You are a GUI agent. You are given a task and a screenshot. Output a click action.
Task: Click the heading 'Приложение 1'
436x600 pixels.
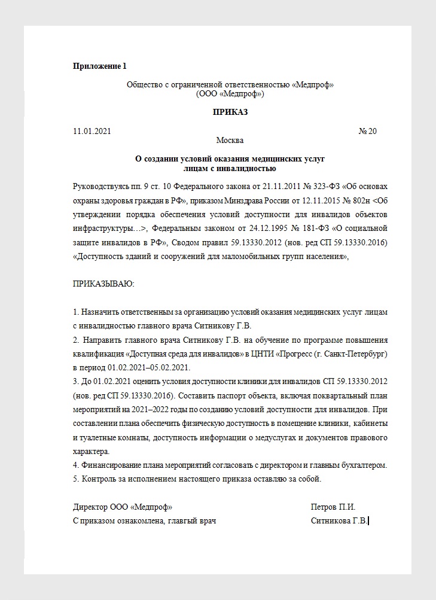(100, 66)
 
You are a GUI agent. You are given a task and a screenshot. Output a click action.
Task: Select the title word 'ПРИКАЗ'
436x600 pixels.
(230, 112)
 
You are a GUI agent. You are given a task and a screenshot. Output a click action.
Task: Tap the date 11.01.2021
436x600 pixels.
(92, 131)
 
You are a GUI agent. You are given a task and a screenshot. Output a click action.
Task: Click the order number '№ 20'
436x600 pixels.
(367, 131)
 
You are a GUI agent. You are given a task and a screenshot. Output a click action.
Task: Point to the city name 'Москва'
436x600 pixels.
(230, 141)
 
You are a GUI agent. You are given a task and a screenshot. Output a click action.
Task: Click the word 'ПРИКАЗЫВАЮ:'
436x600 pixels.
(103, 283)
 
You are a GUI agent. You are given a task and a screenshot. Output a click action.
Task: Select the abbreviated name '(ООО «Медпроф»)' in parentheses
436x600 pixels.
(230, 94)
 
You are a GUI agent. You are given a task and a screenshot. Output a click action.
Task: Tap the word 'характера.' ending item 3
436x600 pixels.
(91, 452)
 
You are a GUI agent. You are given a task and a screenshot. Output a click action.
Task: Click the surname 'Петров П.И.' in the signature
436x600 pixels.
(333, 507)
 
